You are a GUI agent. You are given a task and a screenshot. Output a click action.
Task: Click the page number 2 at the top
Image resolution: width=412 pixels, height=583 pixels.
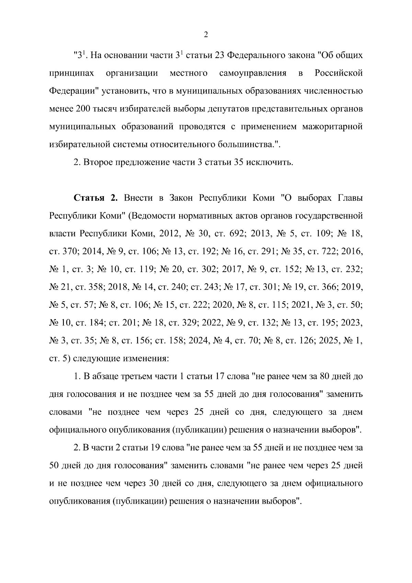point(206,35)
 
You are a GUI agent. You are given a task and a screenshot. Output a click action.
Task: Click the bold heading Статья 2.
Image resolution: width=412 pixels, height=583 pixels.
point(96,198)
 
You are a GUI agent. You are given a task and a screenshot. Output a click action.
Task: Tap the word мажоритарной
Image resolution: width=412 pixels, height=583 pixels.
point(332,126)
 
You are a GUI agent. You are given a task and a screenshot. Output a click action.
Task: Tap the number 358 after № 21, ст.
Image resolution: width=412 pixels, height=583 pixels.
point(95,288)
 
